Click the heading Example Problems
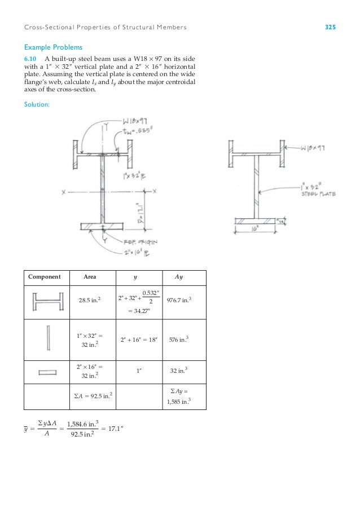pyautogui.click(x=49, y=48)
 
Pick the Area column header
pyautogui.click(x=90, y=277)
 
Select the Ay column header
pyautogui.click(x=179, y=277)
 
